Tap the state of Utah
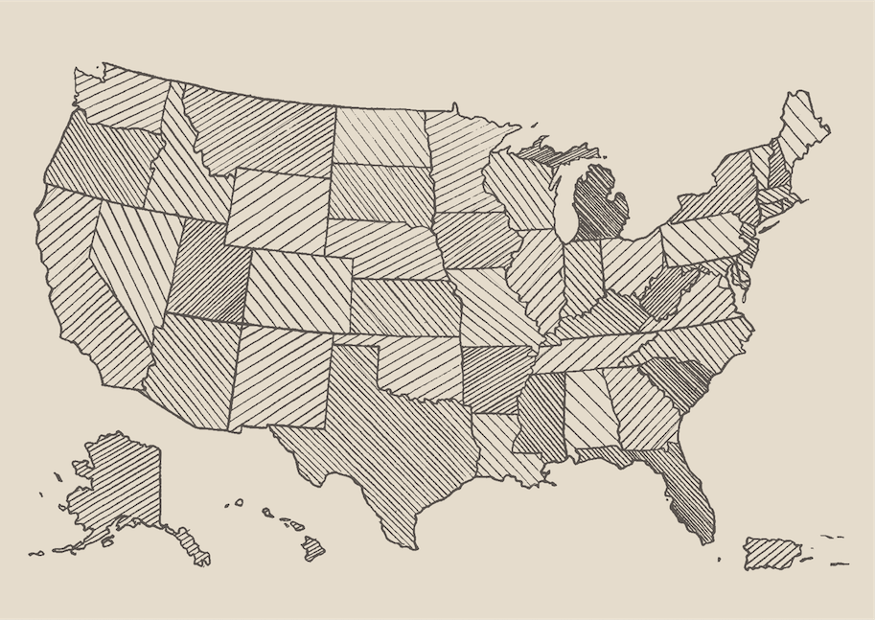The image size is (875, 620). coord(209,271)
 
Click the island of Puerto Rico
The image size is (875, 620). coord(771,553)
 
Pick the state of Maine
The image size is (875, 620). coord(800,125)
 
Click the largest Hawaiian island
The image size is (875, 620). coord(313,549)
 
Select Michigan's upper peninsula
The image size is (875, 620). coord(556,150)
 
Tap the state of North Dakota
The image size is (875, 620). coord(380,137)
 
